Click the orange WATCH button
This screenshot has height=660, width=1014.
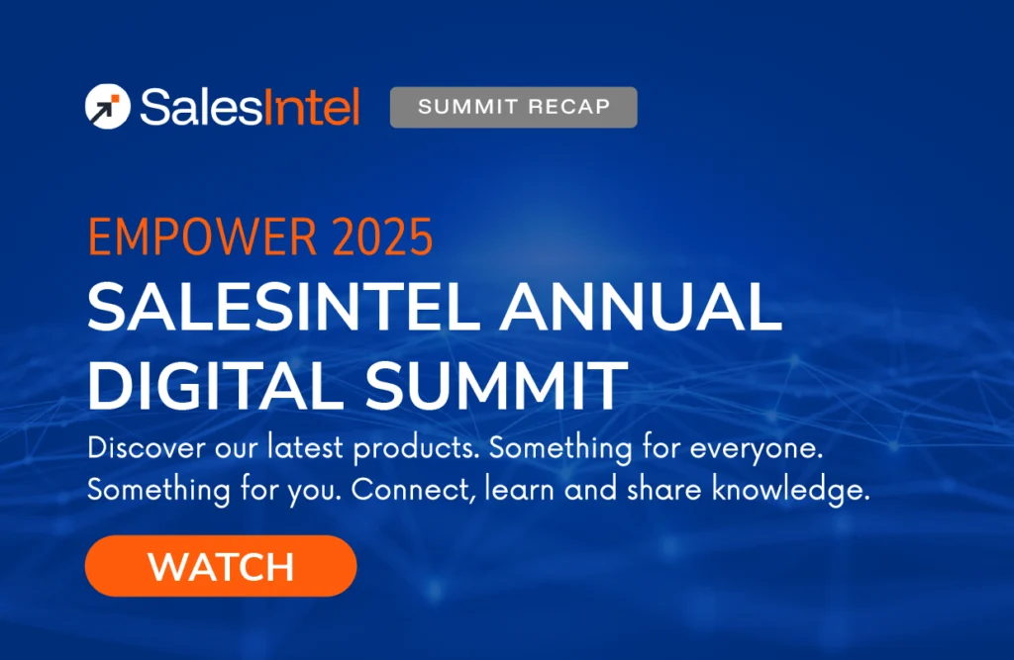(x=221, y=567)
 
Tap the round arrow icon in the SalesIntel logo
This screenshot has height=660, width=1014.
(x=106, y=107)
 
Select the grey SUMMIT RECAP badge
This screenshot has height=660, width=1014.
(x=513, y=107)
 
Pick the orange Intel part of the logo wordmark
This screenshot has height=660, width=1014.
(x=311, y=107)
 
